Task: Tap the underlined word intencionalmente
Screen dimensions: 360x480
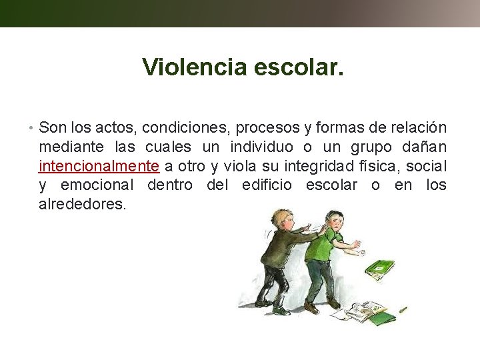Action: point(99,165)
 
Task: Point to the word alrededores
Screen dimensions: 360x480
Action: point(81,203)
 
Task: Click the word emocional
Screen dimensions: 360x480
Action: point(97,185)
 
